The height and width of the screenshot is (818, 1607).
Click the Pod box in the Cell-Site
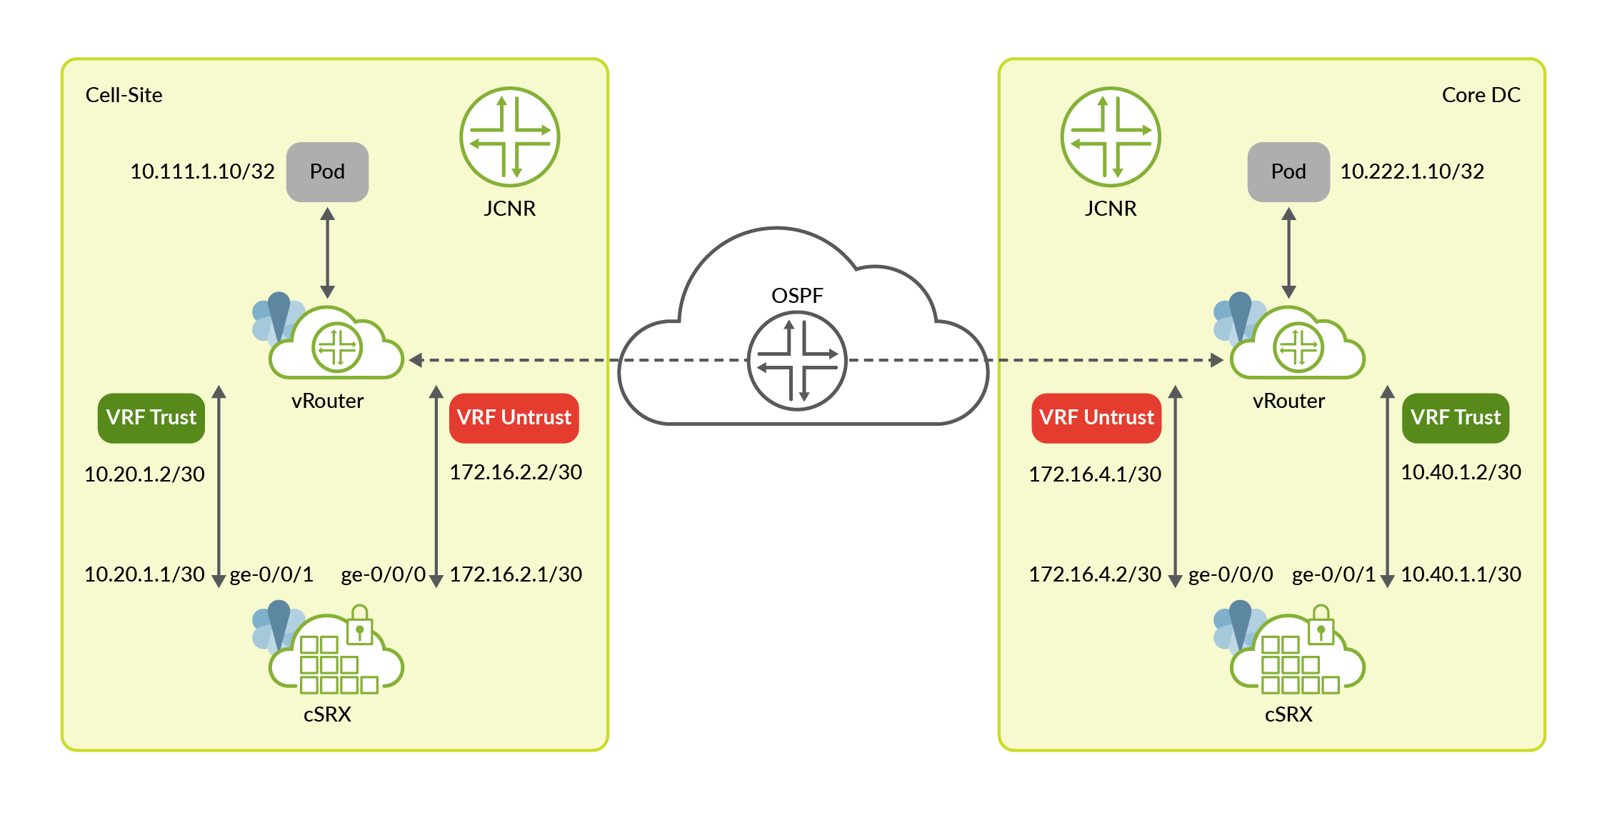coord(327,171)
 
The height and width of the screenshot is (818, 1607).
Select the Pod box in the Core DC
coord(1288,171)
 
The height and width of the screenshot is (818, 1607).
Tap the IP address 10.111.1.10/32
coord(202,171)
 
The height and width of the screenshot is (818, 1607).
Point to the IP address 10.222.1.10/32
coord(1412,171)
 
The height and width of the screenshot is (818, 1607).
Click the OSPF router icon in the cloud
coord(797,361)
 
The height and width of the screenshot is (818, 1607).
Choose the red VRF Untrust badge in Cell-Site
coord(514,418)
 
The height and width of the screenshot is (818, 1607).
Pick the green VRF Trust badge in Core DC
coord(1456,418)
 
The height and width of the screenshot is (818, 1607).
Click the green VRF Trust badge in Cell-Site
coord(151,418)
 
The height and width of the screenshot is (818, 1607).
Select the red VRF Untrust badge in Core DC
coord(1096,418)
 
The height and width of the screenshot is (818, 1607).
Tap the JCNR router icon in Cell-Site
coord(510,136)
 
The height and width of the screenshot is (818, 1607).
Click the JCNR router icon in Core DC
coord(1111,136)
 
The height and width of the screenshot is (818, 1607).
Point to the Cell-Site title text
coord(124,95)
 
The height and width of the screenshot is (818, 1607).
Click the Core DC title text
coord(1481,95)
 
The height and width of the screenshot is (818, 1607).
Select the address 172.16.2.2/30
coord(516,472)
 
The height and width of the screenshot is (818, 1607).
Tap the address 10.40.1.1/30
coord(1461,574)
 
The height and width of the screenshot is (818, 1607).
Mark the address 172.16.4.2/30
coord(1095,574)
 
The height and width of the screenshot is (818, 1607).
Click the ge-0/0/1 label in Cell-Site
coord(271,575)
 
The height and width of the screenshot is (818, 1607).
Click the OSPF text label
coord(797,296)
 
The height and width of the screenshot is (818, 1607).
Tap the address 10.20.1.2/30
coord(144,474)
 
